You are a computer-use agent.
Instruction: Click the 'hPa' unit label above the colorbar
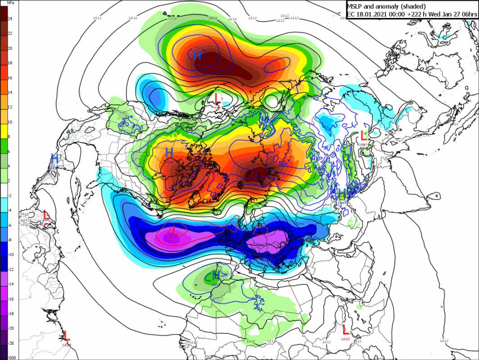click(x=10, y=2)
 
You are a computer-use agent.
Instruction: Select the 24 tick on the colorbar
click(x=10, y=19)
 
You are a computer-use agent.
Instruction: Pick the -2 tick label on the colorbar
click(x=10, y=195)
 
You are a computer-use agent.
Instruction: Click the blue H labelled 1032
click(x=170, y=153)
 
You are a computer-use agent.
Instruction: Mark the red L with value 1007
click(x=364, y=135)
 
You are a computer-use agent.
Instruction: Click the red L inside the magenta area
click(x=175, y=232)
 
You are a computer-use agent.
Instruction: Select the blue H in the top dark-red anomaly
click(x=197, y=55)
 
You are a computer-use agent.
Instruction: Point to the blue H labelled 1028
click(x=215, y=275)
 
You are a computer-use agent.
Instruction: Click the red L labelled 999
click(x=217, y=98)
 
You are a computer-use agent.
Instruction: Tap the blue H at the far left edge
click(x=54, y=158)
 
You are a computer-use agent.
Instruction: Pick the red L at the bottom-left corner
click(x=66, y=335)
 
